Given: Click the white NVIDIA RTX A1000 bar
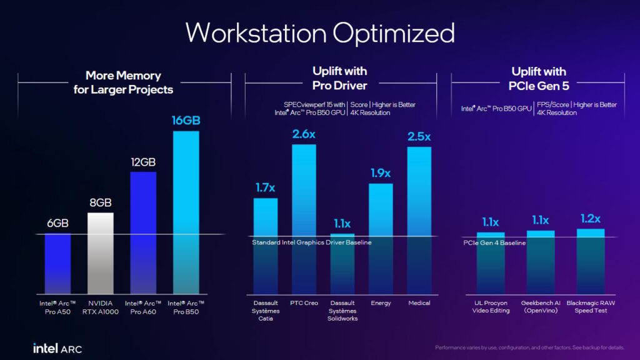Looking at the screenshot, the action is point(101,253).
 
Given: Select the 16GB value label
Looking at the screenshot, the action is point(186,121).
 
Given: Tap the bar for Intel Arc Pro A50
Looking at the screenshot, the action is point(57,264).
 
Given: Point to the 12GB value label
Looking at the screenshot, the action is point(143,162).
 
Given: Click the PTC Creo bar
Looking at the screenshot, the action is point(304,219).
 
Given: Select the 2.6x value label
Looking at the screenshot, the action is point(304,134).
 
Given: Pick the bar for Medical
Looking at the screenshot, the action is point(419,221).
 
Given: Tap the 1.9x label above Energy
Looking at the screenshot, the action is point(381,173).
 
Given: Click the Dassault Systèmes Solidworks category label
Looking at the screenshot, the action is point(342,311).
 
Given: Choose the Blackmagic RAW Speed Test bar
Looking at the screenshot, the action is point(591,262).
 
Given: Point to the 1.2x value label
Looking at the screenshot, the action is point(591,219).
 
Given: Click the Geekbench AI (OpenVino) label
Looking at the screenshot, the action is point(541,306).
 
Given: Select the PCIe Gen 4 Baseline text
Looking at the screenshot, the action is point(494,243).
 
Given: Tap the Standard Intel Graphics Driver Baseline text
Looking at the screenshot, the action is point(312,242).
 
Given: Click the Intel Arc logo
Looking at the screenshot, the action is point(57,348).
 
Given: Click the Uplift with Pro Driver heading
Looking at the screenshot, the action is point(339,78).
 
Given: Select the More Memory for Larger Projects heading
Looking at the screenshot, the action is point(123,82).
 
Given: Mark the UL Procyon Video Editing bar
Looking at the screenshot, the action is point(491,263).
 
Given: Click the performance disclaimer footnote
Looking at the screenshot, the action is point(529,347).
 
